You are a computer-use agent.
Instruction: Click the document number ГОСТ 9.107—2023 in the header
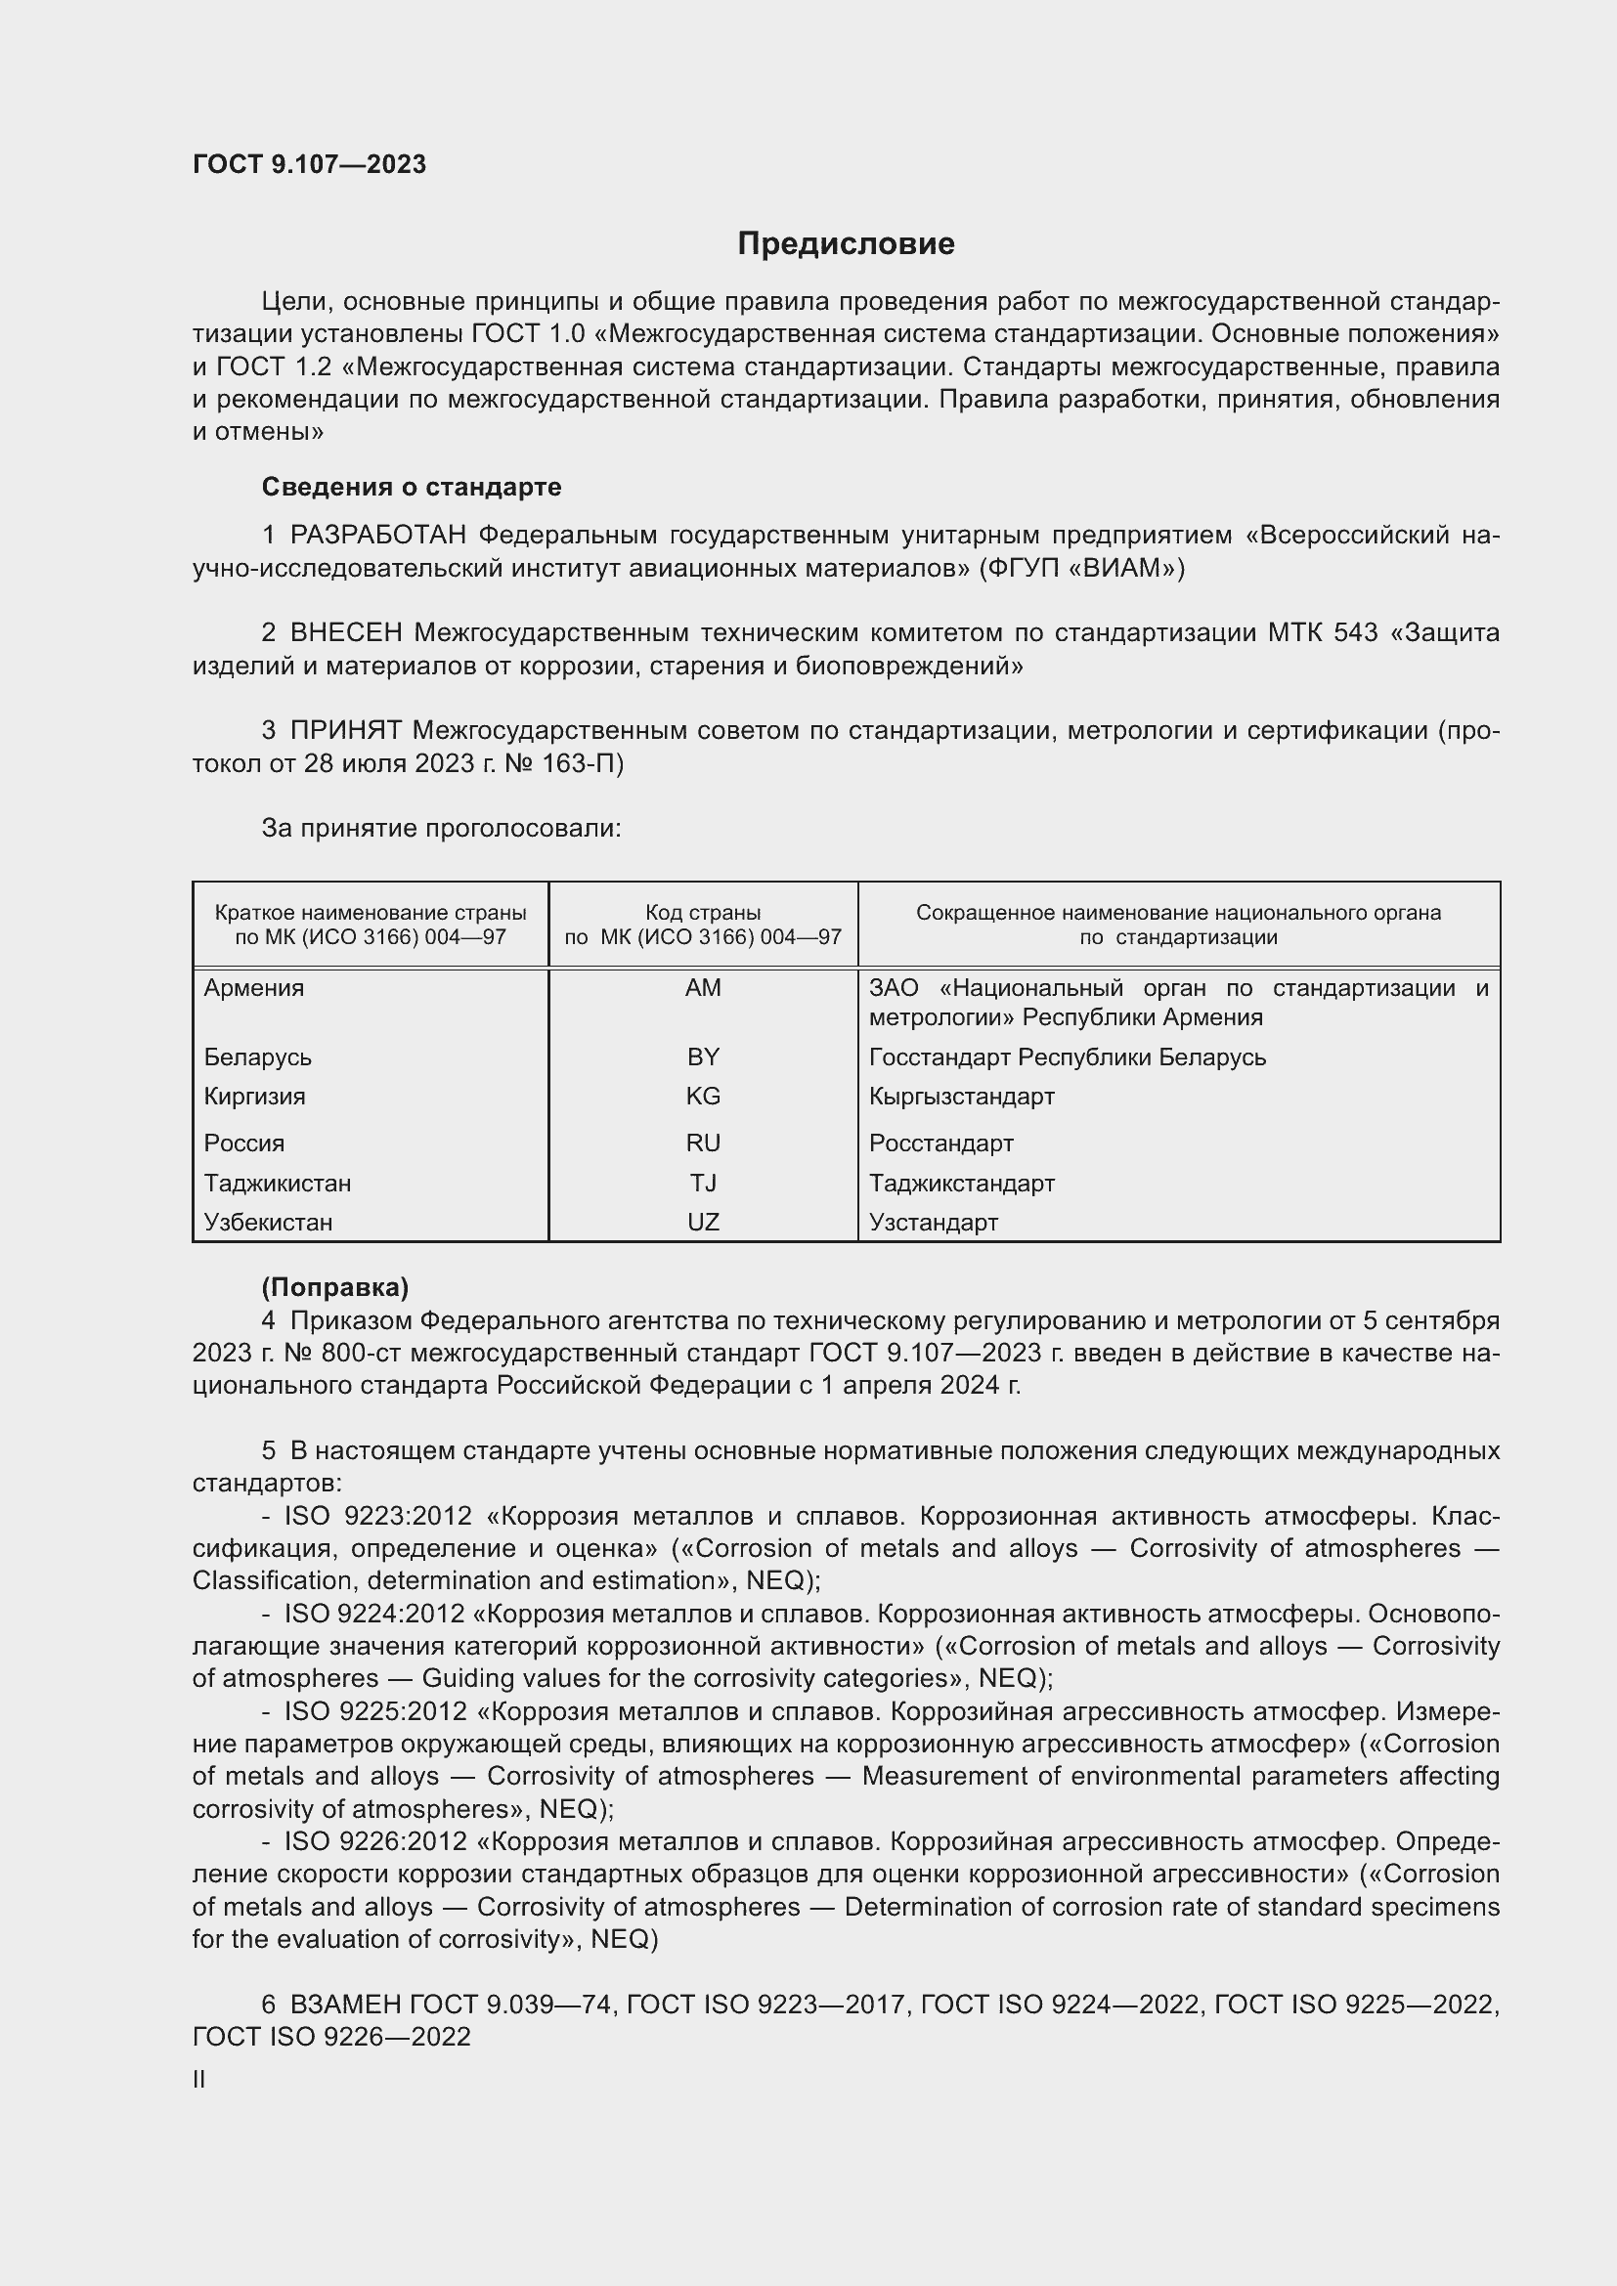(309, 164)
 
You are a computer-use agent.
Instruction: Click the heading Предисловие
(846, 244)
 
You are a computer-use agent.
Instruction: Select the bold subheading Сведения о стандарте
(412, 487)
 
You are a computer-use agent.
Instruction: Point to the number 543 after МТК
(1356, 633)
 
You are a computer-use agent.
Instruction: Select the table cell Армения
(254, 989)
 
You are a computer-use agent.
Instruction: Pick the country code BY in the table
(703, 1057)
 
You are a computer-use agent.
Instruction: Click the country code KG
(703, 1097)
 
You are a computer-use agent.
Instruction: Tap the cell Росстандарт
(940, 1143)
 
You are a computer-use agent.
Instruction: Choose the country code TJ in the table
(703, 1183)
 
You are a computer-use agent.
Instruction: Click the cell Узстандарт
(933, 1223)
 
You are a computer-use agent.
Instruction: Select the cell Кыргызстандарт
(961, 1097)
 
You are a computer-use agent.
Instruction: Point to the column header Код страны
(703, 913)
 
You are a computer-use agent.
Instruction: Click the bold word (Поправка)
(334, 1288)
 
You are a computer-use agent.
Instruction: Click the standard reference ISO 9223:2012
(377, 1517)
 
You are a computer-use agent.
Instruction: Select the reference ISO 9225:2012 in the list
(375, 1711)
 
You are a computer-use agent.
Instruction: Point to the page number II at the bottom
(199, 2080)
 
